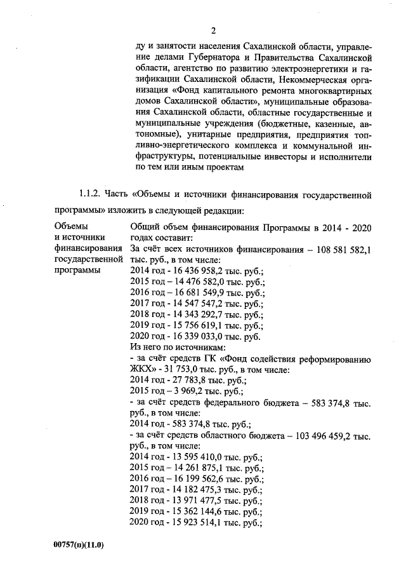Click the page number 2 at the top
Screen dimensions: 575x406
(213, 30)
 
